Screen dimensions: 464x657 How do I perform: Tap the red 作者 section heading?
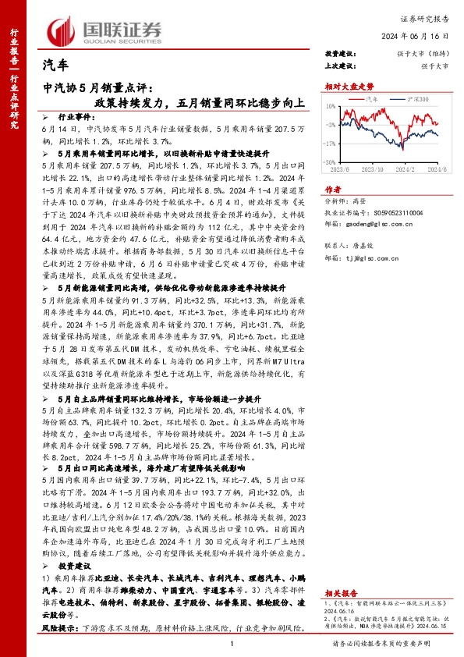[333, 189]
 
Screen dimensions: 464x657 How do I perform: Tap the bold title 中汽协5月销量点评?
[102, 89]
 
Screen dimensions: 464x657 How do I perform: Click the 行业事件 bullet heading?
[75, 115]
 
